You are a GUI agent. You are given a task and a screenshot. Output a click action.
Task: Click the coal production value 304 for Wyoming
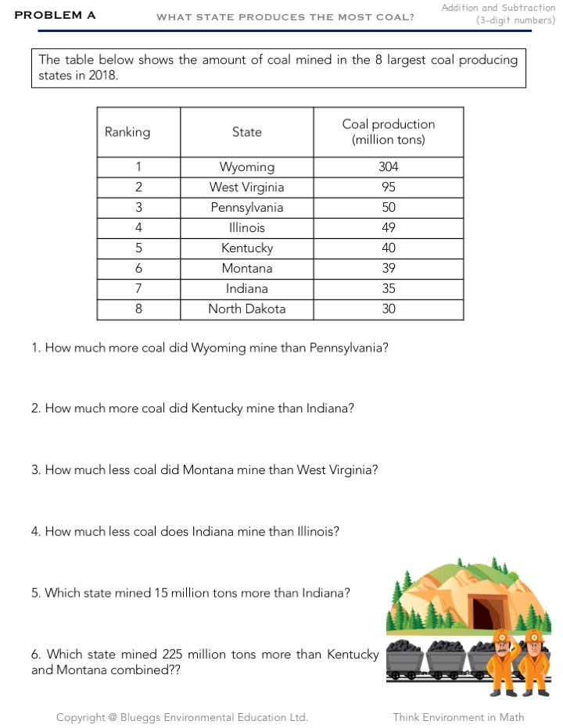coord(389,166)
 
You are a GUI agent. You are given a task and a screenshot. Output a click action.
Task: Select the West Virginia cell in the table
coord(246,187)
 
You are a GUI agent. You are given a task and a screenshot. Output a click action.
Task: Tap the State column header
coord(246,132)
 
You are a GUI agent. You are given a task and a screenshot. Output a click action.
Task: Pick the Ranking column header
coord(127,132)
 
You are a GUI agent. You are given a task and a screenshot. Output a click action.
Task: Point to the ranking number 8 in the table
coord(138,309)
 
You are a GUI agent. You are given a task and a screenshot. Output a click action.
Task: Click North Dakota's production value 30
coord(389,309)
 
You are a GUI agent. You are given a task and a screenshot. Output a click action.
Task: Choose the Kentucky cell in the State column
coord(246,248)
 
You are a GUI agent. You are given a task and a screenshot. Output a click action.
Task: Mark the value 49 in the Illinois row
coord(389,227)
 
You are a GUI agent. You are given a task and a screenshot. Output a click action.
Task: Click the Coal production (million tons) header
coord(389,132)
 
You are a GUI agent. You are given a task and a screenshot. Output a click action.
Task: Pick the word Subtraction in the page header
coord(529,8)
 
